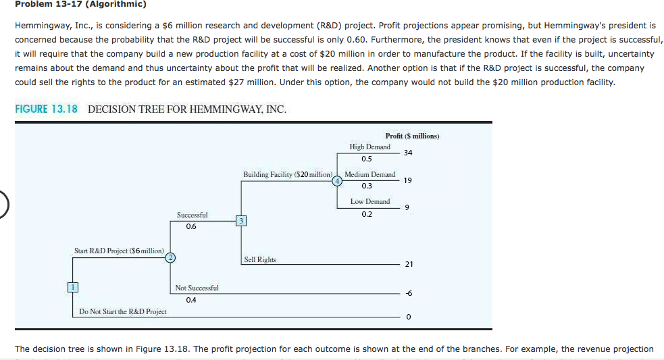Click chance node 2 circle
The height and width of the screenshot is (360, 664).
[171, 257]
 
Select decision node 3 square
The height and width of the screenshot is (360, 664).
[240, 221]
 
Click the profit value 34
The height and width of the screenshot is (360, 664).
[407, 153]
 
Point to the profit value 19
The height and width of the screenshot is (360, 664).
[407, 180]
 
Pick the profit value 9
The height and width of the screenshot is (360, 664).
[407, 207]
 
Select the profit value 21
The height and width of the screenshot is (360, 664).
[409, 264]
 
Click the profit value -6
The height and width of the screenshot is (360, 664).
[408, 292]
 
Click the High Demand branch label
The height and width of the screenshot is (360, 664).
[369, 147]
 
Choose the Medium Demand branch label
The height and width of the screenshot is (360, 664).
[369, 174]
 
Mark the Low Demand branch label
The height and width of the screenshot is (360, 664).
[369, 201]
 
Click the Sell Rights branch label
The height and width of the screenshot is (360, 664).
[260, 259]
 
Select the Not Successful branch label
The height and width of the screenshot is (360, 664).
[197, 288]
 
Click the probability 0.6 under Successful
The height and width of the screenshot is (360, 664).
[191, 227]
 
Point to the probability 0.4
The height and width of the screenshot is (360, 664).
[191, 300]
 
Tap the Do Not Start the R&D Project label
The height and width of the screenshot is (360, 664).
[122, 311]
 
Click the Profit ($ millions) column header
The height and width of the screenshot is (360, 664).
[412, 136]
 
